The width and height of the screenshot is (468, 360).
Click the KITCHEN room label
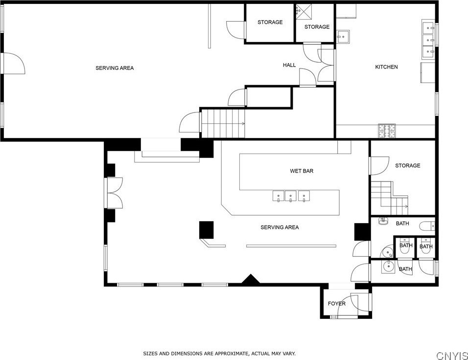(386, 67)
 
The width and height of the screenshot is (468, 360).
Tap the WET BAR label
(302, 171)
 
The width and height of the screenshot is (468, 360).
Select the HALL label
(289, 65)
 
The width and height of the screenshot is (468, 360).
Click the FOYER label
(336, 304)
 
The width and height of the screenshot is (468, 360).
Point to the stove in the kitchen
(387, 131)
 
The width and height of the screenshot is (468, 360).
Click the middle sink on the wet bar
(290, 196)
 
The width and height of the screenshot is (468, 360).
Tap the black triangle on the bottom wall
(251, 279)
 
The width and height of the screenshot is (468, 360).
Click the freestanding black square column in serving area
(206, 230)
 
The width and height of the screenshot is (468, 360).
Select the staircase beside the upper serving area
(223, 123)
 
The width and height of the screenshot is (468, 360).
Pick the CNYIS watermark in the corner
(452, 356)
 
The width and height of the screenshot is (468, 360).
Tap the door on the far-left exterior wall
(14, 63)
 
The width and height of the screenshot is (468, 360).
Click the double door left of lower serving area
(115, 193)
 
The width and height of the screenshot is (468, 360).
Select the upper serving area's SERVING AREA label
(115, 68)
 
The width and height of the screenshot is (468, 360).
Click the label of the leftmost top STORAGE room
(270, 22)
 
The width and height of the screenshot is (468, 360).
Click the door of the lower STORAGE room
(379, 166)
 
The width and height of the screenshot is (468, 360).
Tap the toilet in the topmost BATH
(427, 226)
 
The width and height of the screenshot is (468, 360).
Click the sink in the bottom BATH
(389, 267)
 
